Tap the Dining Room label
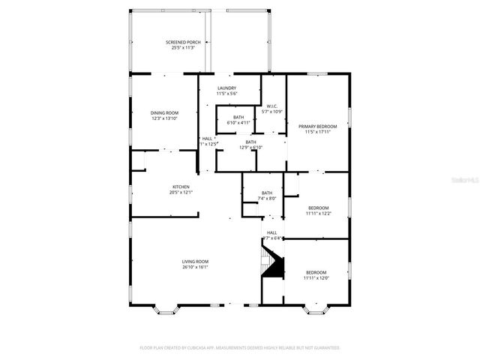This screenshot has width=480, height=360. coord(164,112)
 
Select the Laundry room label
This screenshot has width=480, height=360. coord(226,88)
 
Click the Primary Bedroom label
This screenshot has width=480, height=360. coord(318,126)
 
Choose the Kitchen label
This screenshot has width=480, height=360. coord(181,187)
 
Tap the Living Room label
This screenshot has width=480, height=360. coord(195,262)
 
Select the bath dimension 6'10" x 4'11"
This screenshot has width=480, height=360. coord(238,123)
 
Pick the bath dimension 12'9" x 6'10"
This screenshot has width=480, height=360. coord(250,148)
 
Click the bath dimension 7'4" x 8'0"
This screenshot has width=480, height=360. coord(267,199)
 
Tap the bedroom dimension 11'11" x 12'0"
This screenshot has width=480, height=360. coord(316,278)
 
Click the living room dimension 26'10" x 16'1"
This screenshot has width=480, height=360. coord(195,267)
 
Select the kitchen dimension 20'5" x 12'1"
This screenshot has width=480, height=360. coord(181,193)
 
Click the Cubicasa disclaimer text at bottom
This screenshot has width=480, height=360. coord(240,348)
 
